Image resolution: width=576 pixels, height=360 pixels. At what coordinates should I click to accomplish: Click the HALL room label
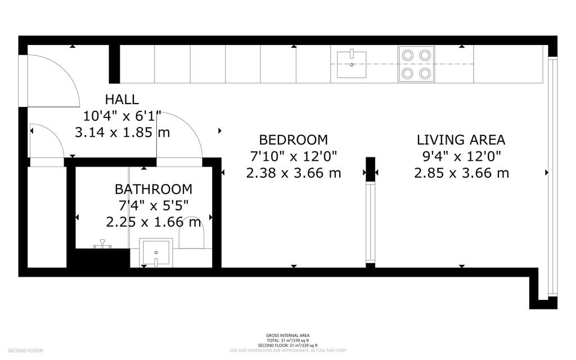pyautogui.click(x=121, y=100)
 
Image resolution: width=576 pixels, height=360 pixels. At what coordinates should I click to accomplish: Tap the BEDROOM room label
pyautogui.click(x=293, y=139)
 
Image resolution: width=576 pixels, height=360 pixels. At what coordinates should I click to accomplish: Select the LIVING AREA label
pyautogui.click(x=461, y=139)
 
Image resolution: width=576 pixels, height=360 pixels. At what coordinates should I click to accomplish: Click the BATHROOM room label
pyautogui.click(x=153, y=189)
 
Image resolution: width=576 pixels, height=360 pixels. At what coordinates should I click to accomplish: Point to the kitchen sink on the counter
pyautogui.click(x=351, y=64)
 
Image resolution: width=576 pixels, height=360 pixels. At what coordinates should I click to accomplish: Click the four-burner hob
pyautogui.click(x=416, y=64)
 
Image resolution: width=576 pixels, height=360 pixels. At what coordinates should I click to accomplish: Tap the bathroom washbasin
pyautogui.click(x=156, y=253)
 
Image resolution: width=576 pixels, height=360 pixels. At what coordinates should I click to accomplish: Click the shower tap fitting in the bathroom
pyautogui.click(x=102, y=244)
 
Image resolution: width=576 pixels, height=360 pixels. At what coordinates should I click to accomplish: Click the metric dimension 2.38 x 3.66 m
pyautogui.click(x=293, y=173)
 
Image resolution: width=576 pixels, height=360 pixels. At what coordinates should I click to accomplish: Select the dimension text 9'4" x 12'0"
pyautogui.click(x=461, y=156)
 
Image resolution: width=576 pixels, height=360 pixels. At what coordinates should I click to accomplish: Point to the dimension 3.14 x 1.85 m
pyautogui.click(x=122, y=133)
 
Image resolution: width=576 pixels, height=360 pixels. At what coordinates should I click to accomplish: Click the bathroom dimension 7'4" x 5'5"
pyautogui.click(x=153, y=205)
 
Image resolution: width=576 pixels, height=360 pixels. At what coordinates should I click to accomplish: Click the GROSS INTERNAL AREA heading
pyautogui.click(x=287, y=335)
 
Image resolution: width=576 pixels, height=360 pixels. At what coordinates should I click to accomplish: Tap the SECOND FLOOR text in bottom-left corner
pyautogui.click(x=25, y=351)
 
